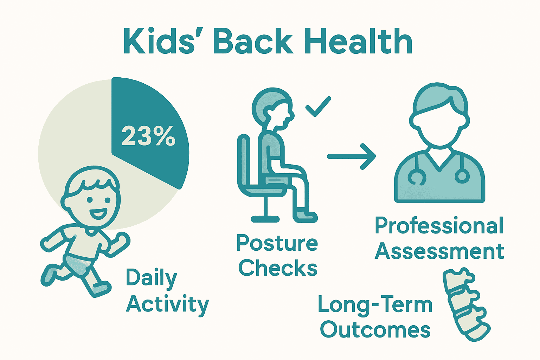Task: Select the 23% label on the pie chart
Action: pyautogui.click(x=148, y=136)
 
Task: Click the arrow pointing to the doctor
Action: pyautogui.click(x=351, y=156)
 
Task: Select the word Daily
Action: pyautogui.click(x=152, y=278)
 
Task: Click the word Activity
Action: pyautogui.click(x=167, y=304)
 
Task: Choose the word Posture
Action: pyautogui.click(x=277, y=243)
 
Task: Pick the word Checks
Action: pyautogui.click(x=278, y=269)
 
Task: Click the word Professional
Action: pyautogui.click(x=439, y=226)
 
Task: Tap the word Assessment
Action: pyautogui.click(x=439, y=251)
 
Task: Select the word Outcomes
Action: pyautogui.click(x=375, y=330)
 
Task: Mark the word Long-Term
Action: pyautogui.click(x=375, y=304)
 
